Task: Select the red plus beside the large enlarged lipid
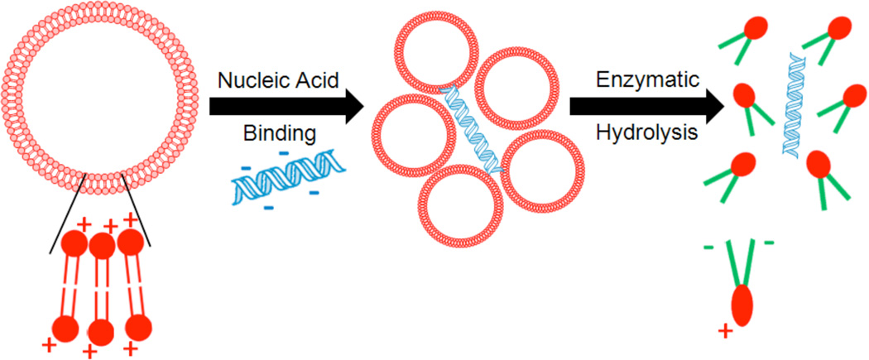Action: (x=725, y=332)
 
